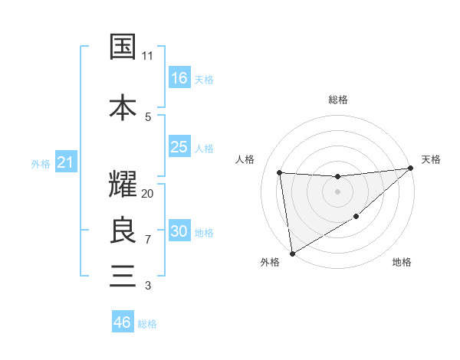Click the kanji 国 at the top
(x=123, y=47)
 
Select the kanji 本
(x=123, y=107)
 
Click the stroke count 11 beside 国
(x=148, y=56)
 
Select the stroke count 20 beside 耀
(x=148, y=194)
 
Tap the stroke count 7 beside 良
(x=148, y=240)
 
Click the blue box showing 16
(x=179, y=78)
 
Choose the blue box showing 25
(x=179, y=147)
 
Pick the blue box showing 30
(x=179, y=231)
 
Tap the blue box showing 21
(x=65, y=162)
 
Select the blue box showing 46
(x=123, y=322)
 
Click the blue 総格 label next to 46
(x=147, y=324)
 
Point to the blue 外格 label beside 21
(x=41, y=163)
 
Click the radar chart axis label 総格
(x=337, y=100)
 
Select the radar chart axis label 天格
(x=431, y=159)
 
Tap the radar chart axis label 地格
(x=402, y=262)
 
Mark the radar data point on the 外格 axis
(x=291, y=253)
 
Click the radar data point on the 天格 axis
(x=411, y=169)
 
